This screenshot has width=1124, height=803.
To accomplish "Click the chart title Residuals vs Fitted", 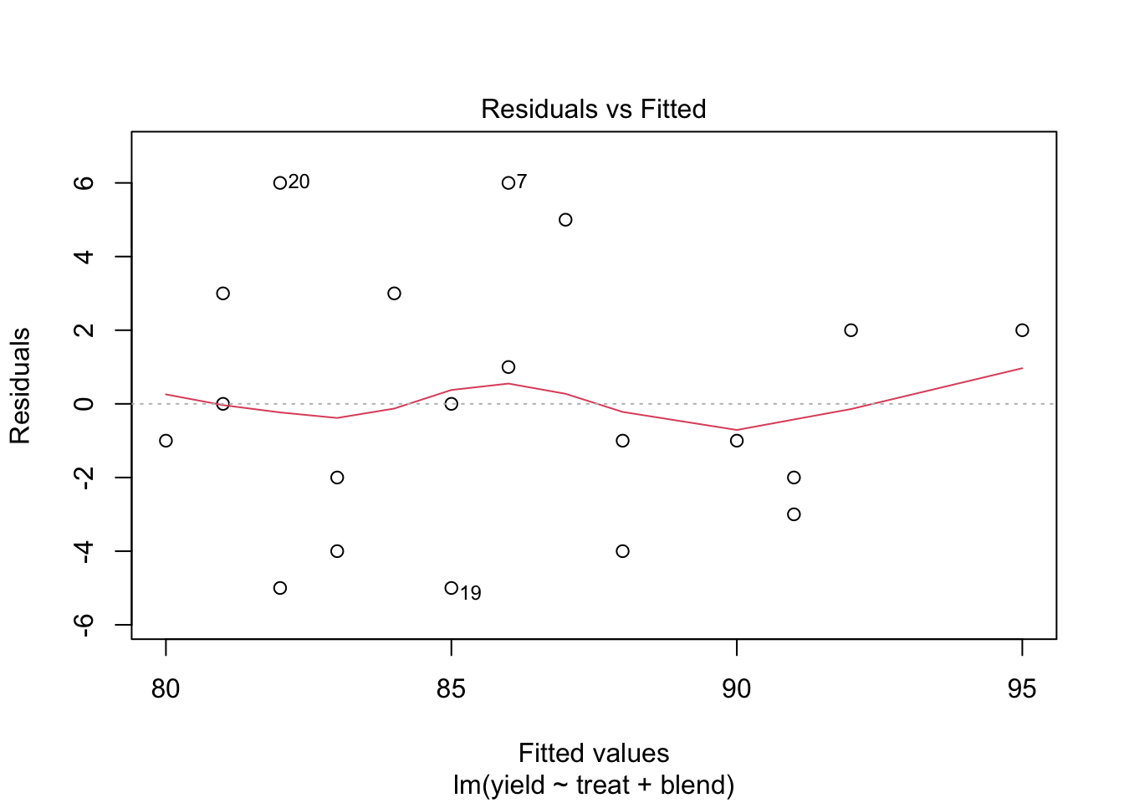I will [593, 109].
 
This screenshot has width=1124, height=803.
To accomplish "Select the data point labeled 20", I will [280, 183].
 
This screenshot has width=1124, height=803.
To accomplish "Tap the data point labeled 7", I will [508, 183].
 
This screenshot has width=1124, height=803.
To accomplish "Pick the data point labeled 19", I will [452, 588].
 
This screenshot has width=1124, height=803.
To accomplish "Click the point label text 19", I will [471, 593].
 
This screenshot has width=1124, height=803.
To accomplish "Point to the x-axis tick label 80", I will [166, 688].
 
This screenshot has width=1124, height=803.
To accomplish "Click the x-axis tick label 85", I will [452, 688].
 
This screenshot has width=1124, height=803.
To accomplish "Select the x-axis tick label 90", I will [737, 688].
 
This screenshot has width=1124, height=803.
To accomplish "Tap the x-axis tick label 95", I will [1022, 688].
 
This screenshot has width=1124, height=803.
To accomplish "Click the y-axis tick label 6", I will [84, 183].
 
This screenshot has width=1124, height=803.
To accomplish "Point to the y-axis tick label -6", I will [84, 625].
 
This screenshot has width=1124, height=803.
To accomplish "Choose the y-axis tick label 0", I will [84, 404].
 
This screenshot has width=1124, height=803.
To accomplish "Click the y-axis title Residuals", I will [20, 386].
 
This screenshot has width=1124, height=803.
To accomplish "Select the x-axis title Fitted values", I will [594, 753].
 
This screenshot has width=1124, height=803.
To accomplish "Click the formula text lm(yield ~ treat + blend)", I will [594, 785].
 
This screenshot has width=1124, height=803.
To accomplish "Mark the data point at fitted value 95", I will [1022, 330].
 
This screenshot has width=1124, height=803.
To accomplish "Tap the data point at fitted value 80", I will [166, 441].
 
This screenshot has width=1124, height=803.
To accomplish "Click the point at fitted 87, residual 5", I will [565, 220].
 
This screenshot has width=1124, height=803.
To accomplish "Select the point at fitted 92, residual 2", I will [851, 330].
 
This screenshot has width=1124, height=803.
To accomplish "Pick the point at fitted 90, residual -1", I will [737, 441].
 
